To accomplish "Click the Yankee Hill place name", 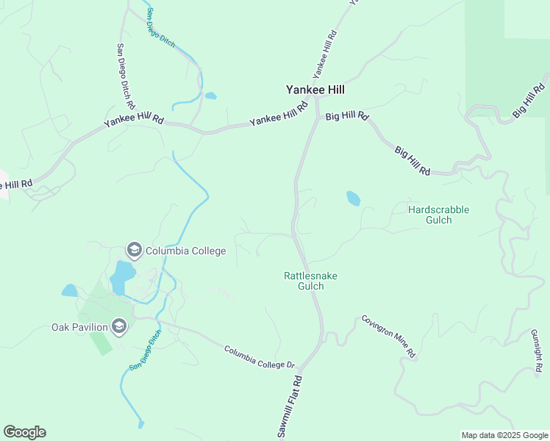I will pos(315,90).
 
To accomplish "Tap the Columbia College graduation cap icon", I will pos(134,251).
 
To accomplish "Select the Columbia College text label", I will pos(185,251).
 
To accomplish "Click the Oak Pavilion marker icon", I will pos(120,326).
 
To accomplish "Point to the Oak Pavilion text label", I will pos(79,327).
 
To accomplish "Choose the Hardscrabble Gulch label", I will pos(438,215).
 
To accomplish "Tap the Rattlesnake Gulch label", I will pos(310,281).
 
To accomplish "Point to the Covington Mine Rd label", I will pos(388,337).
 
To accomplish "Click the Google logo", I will pos(24,432).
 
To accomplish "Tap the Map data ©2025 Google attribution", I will pos(504,435).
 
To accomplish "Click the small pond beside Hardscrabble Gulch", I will pos(354,198).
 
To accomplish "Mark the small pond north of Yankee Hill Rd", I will pos(211,96).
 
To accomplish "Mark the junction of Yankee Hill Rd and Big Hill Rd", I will pos(318,116).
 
